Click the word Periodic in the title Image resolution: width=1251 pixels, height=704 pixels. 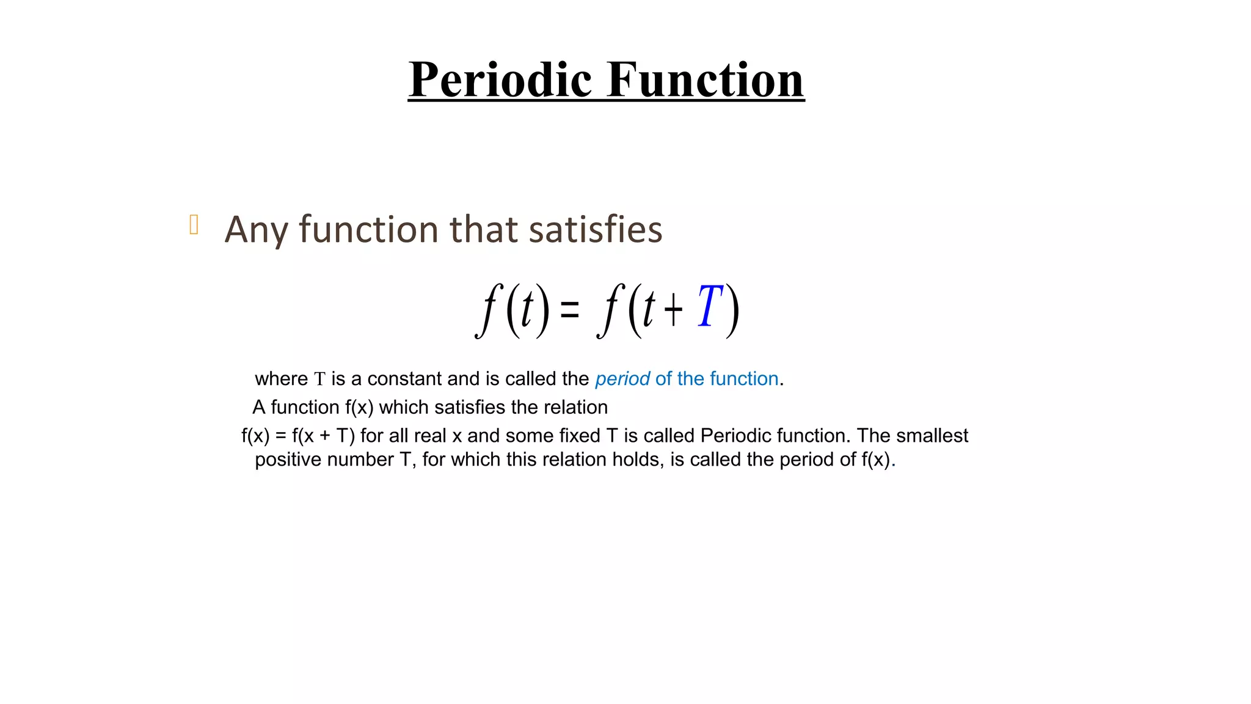pyautogui.click(x=500, y=79)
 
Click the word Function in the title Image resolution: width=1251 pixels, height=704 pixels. pyautogui.click(x=705, y=79)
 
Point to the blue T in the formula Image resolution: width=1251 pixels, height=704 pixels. pyautogui.click(x=710, y=307)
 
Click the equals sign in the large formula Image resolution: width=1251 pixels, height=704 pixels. pyautogui.click(x=569, y=310)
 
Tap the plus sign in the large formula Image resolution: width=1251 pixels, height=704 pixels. pyautogui.click(x=673, y=310)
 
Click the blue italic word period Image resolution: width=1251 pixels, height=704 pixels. pyautogui.click(x=622, y=379)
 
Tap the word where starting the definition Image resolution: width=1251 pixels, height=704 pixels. pyautogui.click(x=281, y=379)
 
